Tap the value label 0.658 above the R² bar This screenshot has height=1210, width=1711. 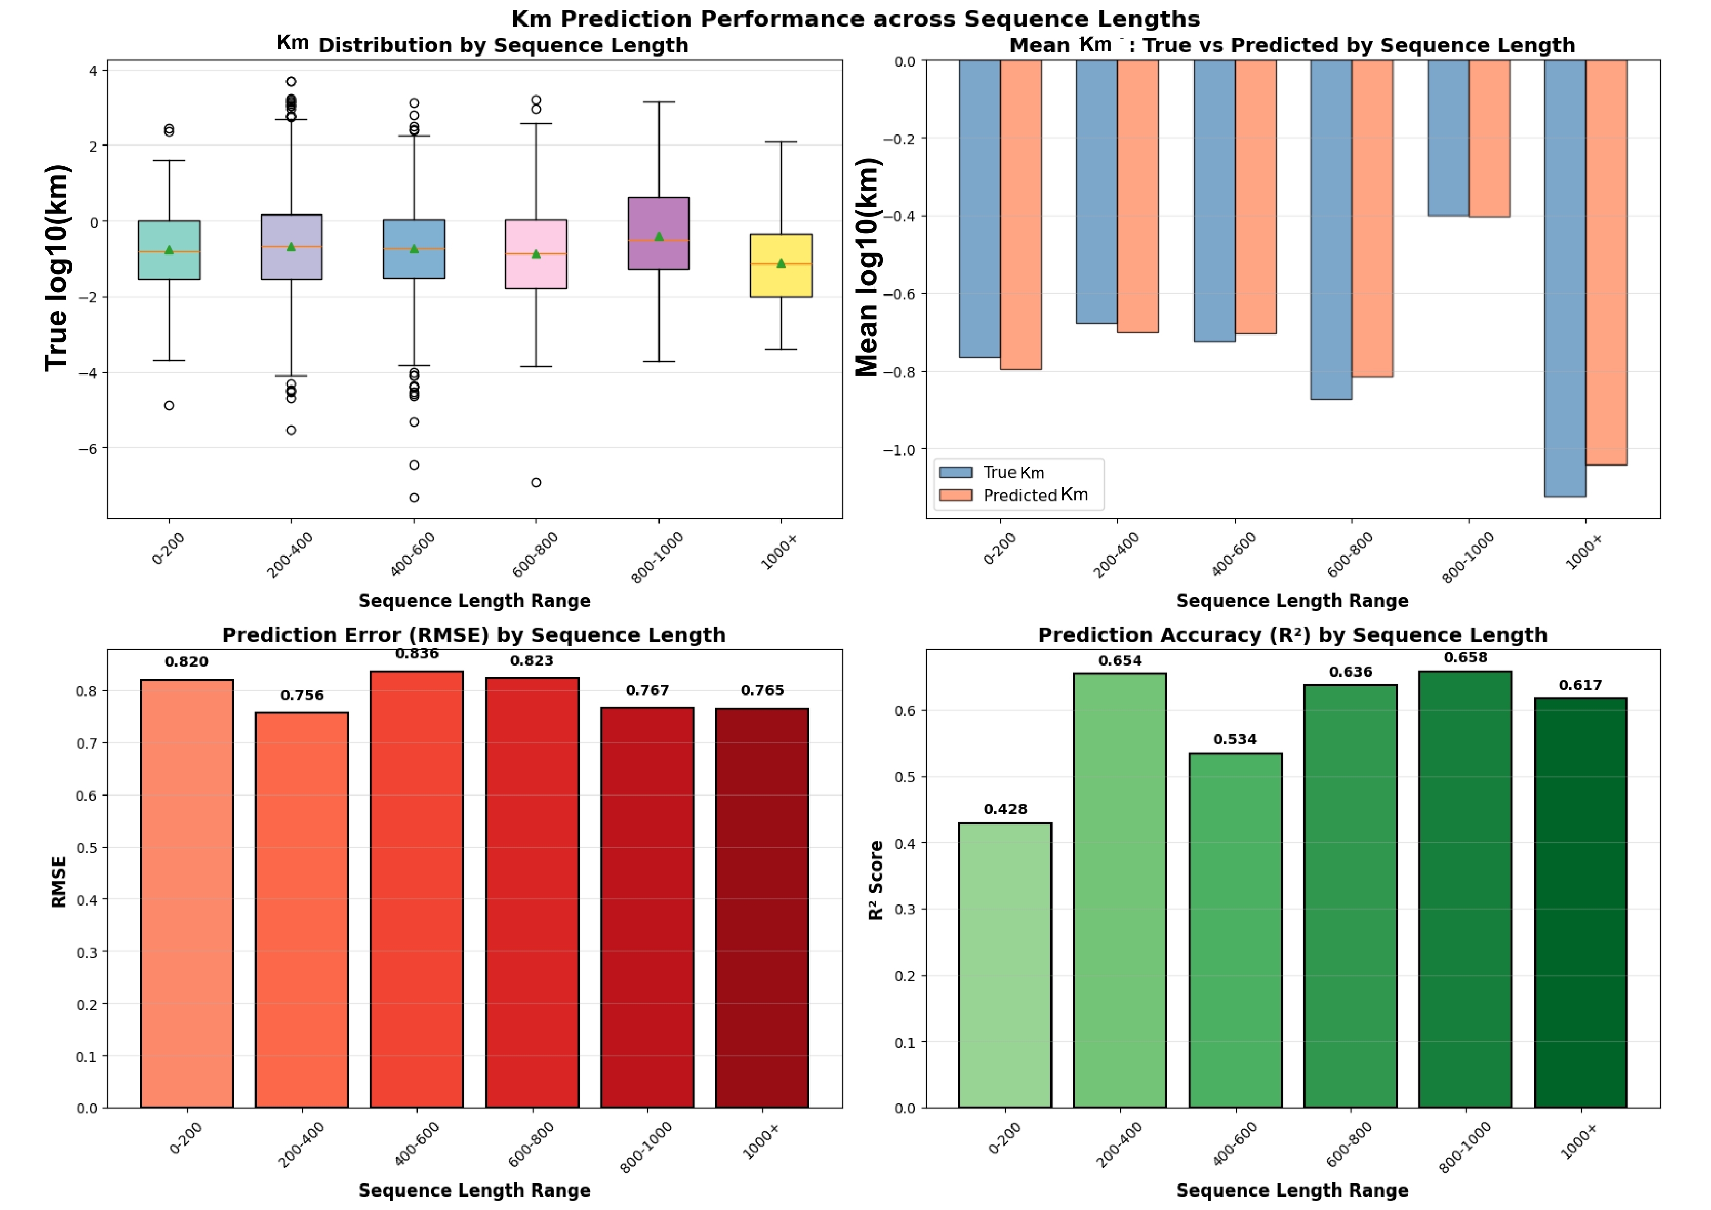[1465, 658]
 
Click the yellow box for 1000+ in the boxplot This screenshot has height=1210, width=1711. [781, 266]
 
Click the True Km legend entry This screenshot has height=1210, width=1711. [998, 473]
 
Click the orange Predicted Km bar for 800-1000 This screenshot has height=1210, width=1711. [1489, 139]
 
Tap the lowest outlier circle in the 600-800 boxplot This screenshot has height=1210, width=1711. [536, 483]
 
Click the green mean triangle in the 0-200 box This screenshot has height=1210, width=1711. [169, 250]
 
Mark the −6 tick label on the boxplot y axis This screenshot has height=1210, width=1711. [88, 449]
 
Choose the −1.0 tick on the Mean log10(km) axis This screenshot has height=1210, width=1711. [899, 450]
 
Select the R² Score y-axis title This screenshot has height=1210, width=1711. [876, 880]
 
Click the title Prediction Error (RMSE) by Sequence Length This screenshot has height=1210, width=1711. [474, 635]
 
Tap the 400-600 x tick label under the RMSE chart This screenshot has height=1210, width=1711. [417, 1144]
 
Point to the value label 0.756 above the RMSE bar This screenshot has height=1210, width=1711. [302, 696]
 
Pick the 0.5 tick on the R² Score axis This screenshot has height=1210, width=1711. [905, 777]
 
